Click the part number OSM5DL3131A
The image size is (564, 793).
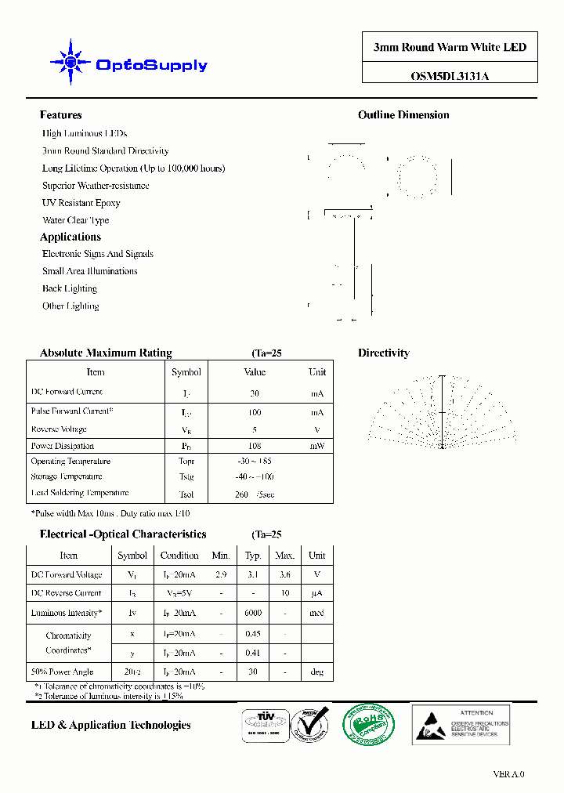450,76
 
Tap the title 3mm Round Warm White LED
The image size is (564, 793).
450,47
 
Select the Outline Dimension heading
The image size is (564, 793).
403,115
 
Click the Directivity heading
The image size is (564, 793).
384,353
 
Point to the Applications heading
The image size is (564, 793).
70,237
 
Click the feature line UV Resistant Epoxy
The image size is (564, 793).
81,203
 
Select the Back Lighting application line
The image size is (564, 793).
70,288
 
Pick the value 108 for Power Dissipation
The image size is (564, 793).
255,446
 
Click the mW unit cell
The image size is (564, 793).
316,446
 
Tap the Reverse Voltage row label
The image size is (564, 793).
59,429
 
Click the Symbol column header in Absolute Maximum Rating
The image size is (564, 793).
186,372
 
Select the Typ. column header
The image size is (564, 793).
253,556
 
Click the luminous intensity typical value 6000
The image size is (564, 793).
253,613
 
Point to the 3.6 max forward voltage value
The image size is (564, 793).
284,574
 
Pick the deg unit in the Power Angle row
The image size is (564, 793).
316,672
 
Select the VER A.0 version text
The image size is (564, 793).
508,774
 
